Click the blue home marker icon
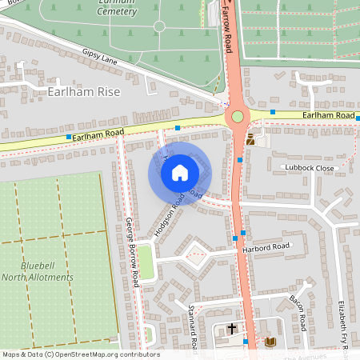[x=180, y=173]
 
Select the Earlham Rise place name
[x=84, y=92]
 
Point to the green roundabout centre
[x=237, y=118]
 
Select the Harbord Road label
[x=262, y=249]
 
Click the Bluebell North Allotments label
[x=48, y=270]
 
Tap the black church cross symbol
[x=232, y=328]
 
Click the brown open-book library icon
[x=270, y=342]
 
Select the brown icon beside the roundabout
[x=250, y=139]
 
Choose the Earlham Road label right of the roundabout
[x=328, y=116]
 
